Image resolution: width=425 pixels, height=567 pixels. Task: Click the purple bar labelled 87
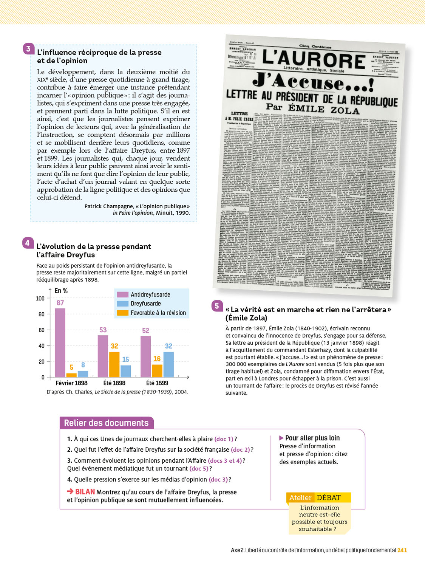[60, 342]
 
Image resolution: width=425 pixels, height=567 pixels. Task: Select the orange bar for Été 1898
[114, 364]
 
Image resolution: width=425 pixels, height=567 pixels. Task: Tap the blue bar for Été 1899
[168, 364]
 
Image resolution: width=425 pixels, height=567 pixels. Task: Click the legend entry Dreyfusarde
[145, 304]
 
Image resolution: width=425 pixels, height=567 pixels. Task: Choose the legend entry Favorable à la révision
[158, 313]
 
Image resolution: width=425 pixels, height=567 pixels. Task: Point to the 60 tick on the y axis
[42, 330]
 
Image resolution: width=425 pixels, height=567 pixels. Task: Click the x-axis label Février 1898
[71, 383]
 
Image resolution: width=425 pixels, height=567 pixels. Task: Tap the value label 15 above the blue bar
[125, 359]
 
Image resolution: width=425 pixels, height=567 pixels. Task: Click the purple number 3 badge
[28, 49]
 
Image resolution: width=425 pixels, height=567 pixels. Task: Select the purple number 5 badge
[217, 306]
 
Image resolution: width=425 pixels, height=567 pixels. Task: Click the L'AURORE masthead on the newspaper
[314, 59]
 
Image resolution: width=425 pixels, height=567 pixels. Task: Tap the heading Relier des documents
[106, 423]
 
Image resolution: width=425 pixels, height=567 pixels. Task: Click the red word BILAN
[85, 492]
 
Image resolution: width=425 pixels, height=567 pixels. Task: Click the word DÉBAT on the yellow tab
[329, 497]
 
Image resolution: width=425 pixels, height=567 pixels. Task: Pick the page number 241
[402, 550]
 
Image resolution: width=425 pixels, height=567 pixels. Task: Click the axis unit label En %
[61, 291]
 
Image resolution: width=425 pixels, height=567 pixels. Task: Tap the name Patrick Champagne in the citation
[108, 206]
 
